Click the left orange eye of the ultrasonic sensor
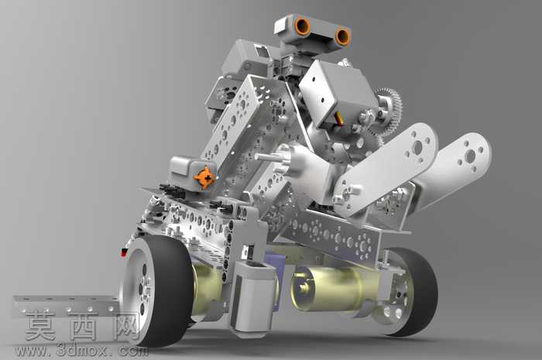302,27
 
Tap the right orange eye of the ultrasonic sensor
342,36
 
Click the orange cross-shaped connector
204,178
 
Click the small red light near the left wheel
124,253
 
